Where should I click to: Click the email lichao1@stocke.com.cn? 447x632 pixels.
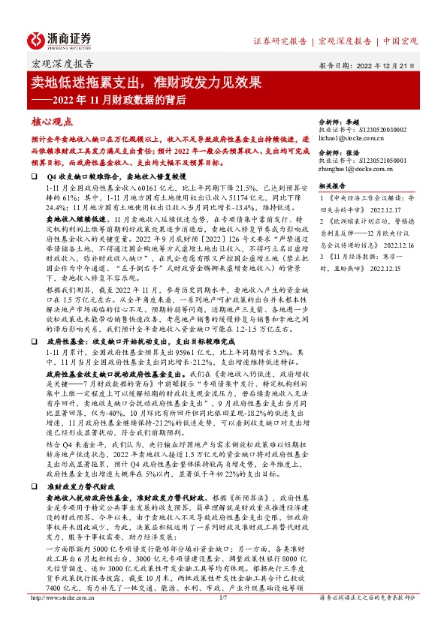pyautogui.click(x=353, y=139)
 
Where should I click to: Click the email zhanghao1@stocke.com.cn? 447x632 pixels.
pyautogui.click(x=358, y=170)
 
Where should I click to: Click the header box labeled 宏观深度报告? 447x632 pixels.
pyautogui.click(x=62, y=64)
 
